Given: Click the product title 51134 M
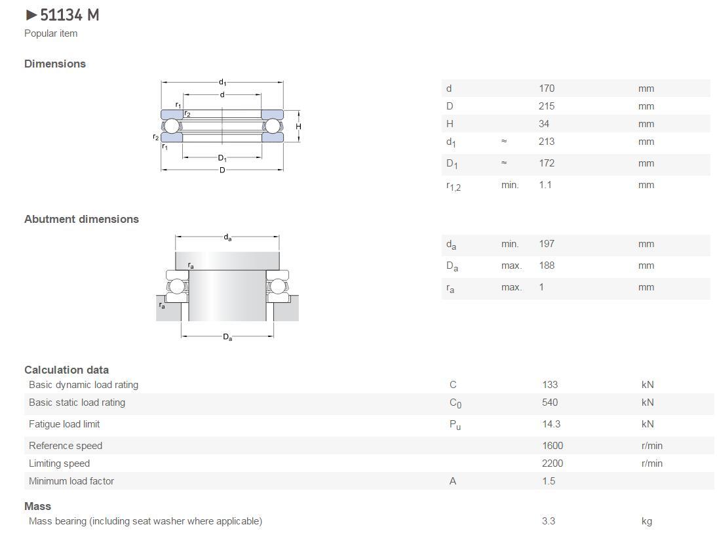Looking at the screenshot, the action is pyautogui.click(x=69, y=15).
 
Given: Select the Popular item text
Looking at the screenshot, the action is pyautogui.click(x=50, y=33).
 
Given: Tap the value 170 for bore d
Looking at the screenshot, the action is pyautogui.click(x=547, y=88).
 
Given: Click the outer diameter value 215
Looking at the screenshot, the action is pyautogui.click(x=547, y=106).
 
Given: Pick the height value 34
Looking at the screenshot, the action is pyautogui.click(x=544, y=124).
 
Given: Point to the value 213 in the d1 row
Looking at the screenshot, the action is pyautogui.click(x=547, y=142).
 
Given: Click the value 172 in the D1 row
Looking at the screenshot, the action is pyautogui.click(x=547, y=163).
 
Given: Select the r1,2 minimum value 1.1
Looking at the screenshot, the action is pyautogui.click(x=545, y=185).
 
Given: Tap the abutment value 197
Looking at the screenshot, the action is pyautogui.click(x=547, y=244).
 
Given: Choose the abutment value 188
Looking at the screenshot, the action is pyautogui.click(x=547, y=265).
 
